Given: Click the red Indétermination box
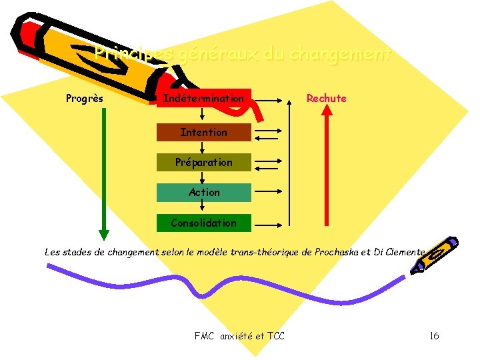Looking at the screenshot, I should click(x=203, y=99).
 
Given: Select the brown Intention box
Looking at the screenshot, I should click(x=203, y=132).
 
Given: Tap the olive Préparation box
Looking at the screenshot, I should click(x=203, y=162).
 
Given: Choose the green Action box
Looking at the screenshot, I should click(x=203, y=192).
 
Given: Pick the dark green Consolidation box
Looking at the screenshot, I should click(x=203, y=223).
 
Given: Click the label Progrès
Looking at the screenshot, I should click(x=85, y=99).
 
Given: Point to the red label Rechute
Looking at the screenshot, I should click(x=326, y=99).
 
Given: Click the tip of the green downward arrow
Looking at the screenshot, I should click(x=103, y=234).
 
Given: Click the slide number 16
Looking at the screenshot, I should click(x=433, y=335).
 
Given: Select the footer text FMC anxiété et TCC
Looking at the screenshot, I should click(x=239, y=335).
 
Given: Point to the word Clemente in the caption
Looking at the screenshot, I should click(x=403, y=252).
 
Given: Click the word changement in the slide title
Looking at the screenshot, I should click(x=345, y=53).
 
